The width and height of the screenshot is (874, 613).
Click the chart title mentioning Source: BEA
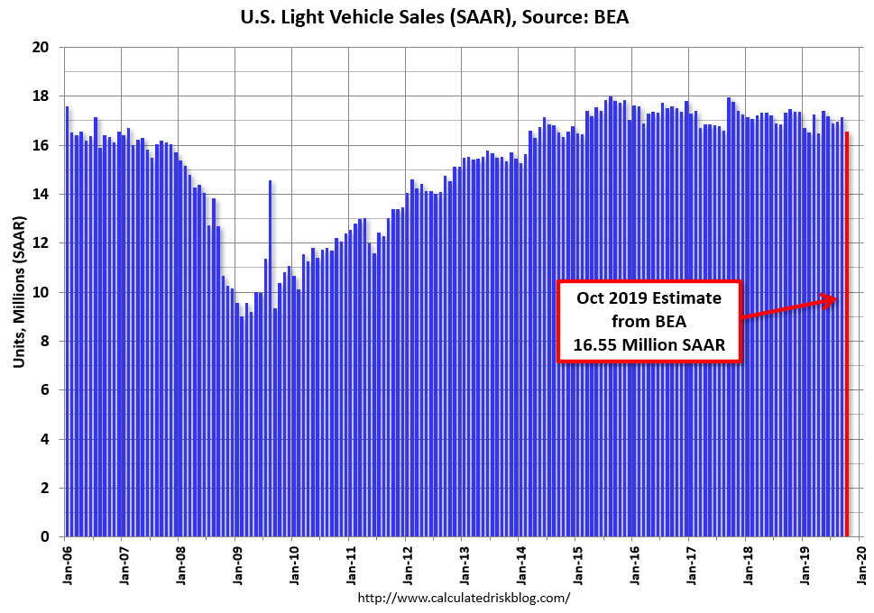(x=437, y=16)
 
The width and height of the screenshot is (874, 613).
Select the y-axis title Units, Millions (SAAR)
(x=19, y=292)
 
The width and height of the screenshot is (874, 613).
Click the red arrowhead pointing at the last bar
(x=833, y=300)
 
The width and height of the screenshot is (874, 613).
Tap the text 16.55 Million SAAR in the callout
(x=649, y=343)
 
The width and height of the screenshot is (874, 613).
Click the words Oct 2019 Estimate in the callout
(x=649, y=298)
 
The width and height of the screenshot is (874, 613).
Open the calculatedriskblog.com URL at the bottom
(x=465, y=598)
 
